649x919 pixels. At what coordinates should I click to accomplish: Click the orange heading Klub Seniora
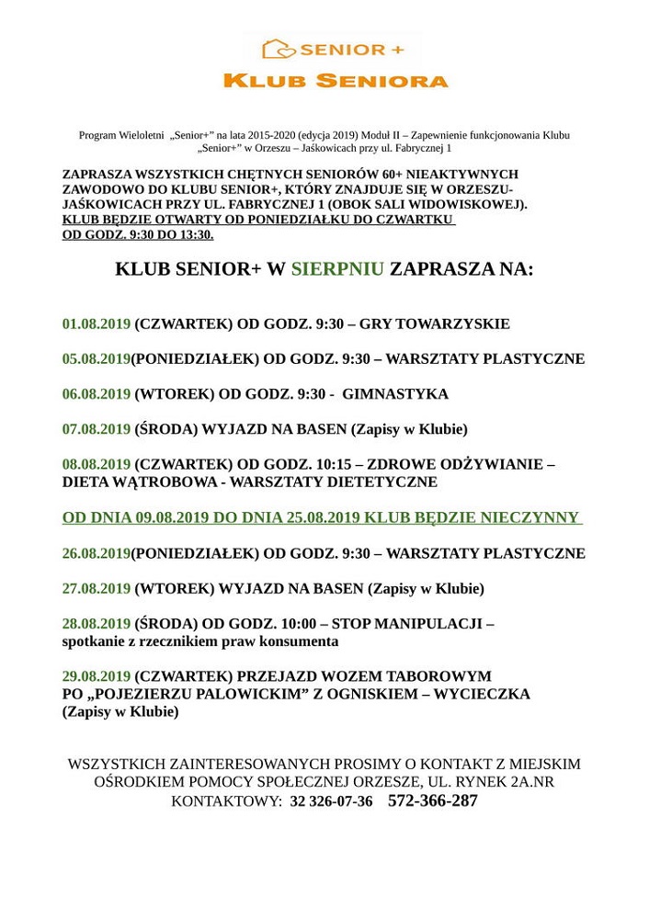click(x=336, y=81)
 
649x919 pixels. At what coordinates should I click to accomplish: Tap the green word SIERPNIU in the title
click(x=337, y=269)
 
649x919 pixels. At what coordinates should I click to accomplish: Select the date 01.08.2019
click(x=97, y=324)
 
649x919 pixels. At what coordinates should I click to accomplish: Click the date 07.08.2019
click(x=97, y=429)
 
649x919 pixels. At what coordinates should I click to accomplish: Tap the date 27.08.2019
click(x=97, y=589)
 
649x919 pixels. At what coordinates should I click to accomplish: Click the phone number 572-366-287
click(x=433, y=800)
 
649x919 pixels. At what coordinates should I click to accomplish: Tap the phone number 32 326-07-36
click(x=331, y=801)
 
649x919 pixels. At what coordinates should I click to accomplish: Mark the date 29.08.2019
click(x=97, y=676)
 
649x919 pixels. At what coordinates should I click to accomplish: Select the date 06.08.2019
click(x=97, y=394)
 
